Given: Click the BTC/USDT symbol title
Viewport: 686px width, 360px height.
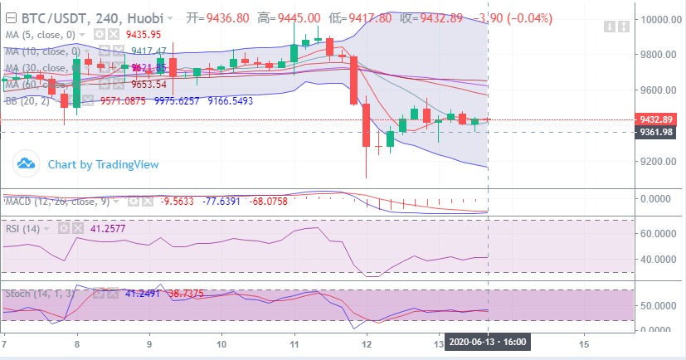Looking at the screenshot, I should tap(51, 17).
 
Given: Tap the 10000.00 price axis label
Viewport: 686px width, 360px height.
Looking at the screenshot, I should tap(659, 19).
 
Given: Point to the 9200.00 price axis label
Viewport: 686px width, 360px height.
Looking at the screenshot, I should tap(659, 161).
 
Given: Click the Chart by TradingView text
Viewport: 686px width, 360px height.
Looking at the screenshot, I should tap(103, 164).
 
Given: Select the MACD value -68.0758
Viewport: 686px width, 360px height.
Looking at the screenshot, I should tap(294, 201).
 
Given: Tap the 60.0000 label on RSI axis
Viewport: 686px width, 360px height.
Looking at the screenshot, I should tap(659, 234).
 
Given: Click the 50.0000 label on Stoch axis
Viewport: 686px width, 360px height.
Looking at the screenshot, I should tap(659, 306).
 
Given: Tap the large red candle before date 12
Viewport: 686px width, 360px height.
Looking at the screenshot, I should tap(354, 80).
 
